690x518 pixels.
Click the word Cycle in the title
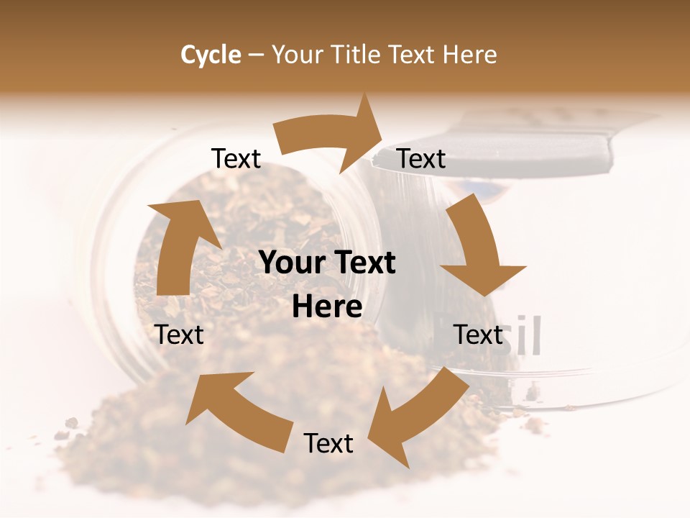211,55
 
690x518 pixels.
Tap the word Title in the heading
355,55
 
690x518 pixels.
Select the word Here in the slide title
469,55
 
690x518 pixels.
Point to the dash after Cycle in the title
256,55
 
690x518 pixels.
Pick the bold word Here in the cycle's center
327,307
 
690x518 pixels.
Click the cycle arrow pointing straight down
478,248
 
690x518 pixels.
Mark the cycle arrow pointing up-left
237,410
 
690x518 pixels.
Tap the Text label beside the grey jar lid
421,158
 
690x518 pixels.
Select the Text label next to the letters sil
478,335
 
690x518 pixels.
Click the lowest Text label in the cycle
328,443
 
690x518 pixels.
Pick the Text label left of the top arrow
236,158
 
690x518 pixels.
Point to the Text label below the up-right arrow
180,335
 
